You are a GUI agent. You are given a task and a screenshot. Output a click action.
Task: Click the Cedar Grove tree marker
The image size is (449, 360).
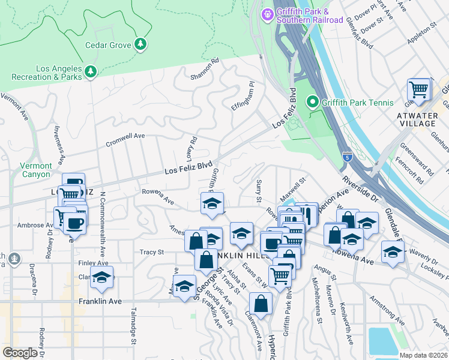141,44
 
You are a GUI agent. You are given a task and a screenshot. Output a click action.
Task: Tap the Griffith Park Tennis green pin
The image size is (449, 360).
312,103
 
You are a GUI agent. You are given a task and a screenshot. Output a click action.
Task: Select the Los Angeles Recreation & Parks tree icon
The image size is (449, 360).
91,72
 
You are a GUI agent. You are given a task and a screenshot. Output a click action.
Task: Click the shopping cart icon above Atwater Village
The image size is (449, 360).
418,90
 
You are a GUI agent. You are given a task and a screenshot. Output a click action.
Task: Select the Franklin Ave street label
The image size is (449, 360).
101,302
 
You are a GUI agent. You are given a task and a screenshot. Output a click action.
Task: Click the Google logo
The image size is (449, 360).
20,353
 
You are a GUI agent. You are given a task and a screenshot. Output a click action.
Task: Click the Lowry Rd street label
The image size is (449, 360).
192,148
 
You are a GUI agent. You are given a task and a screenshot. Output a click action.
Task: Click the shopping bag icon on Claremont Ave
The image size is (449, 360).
261,304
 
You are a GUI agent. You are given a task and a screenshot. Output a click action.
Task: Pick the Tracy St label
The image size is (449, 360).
152,252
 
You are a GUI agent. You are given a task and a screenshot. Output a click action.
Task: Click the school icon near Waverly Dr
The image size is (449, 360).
392,253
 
